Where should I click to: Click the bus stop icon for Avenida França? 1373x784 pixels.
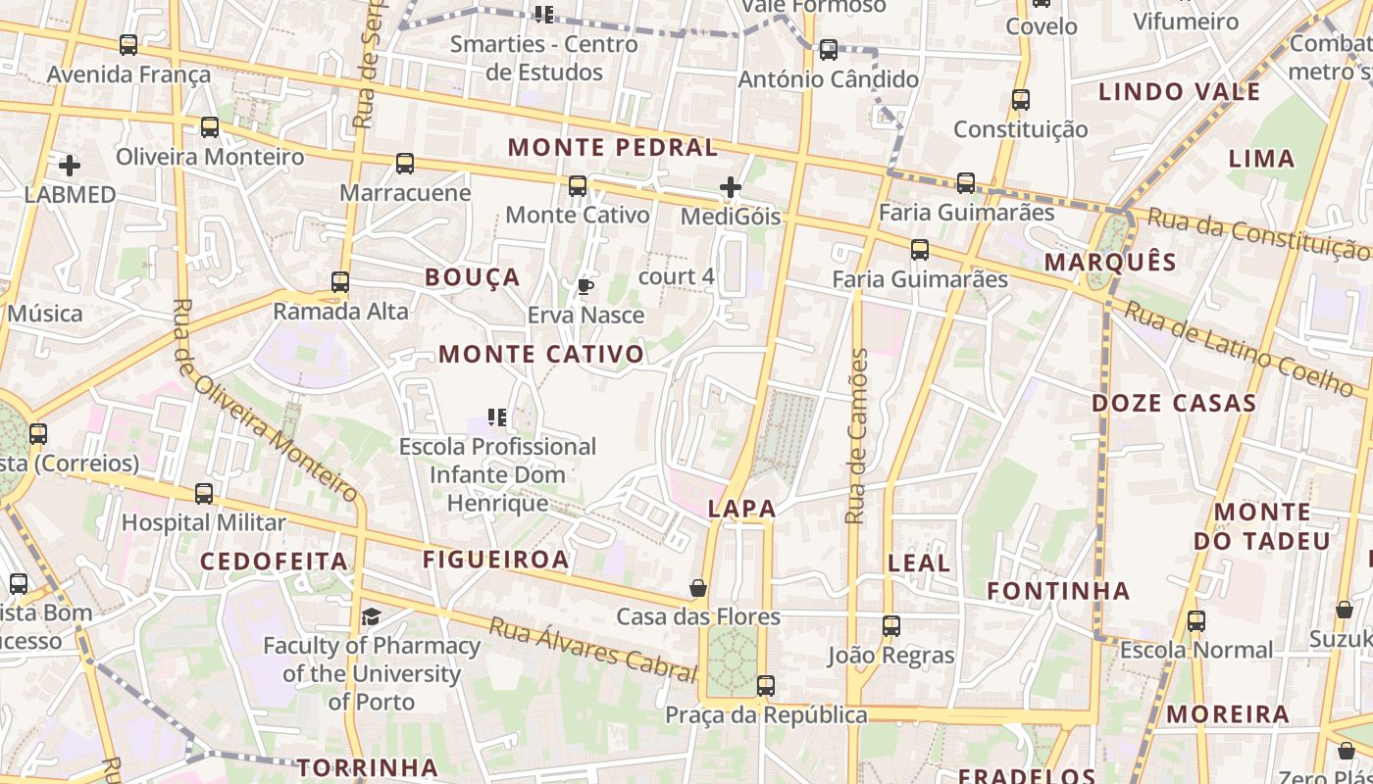[x=128, y=45]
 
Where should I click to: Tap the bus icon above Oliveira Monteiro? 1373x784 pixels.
[x=210, y=127]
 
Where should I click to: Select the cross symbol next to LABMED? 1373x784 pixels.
[x=70, y=166]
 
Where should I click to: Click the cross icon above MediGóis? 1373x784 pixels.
[x=730, y=187]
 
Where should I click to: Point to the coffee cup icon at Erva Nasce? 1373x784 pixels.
[x=585, y=287]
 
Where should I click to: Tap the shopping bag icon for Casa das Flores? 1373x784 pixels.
[x=698, y=588]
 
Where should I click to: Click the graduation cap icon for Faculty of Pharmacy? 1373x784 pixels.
[x=371, y=616]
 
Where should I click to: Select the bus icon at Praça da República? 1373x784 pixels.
[x=766, y=686]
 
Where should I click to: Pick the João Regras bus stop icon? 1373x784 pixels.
[x=891, y=626]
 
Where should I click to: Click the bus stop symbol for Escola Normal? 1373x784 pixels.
[x=1196, y=621]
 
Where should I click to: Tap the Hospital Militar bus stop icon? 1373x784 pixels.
[x=204, y=494]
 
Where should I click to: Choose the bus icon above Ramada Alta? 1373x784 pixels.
[x=340, y=282]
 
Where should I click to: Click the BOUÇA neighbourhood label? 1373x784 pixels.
[x=472, y=277]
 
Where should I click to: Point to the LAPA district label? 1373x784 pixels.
[x=741, y=509]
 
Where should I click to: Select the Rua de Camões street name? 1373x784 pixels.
[x=858, y=436]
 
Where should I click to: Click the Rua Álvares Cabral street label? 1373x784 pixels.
[x=592, y=649]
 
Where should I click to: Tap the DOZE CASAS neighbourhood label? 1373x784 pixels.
[x=1173, y=403]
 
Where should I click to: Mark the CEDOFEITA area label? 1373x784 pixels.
[x=274, y=562]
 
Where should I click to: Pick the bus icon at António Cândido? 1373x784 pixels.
[x=829, y=50]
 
